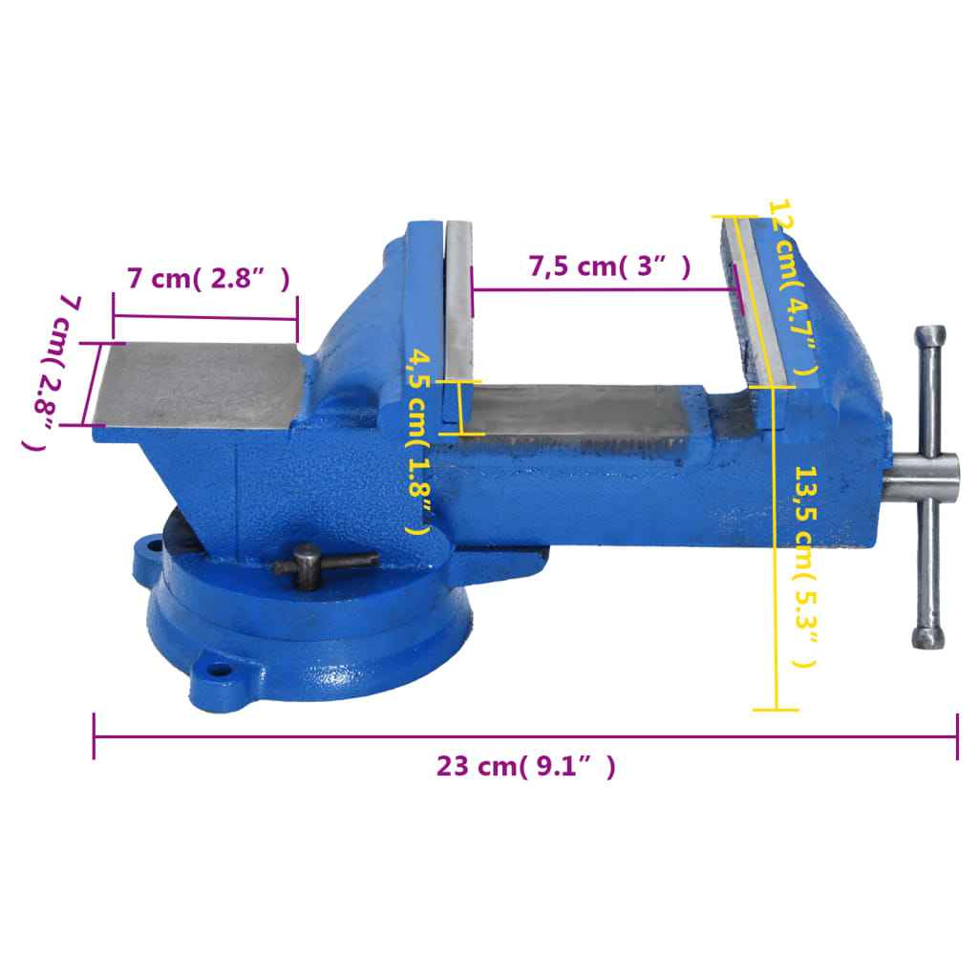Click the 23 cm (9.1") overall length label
coord(525,766)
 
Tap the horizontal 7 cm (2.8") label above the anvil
coord(207,280)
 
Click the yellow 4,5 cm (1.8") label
coord(417,440)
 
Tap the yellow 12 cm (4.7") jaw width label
coord(797,291)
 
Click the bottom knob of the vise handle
coord(925,637)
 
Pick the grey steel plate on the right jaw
coord(762,301)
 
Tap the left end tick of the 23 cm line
coord(94,736)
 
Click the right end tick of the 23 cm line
coord(957,736)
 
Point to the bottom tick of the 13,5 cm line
coord(776,710)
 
